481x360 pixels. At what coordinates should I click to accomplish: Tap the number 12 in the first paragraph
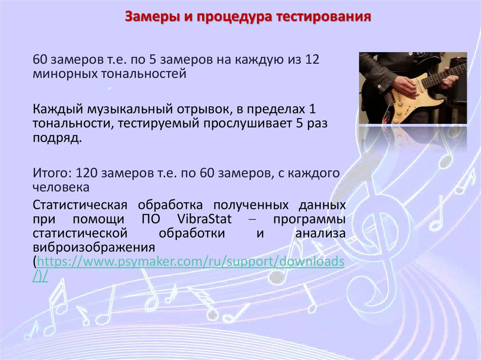pos(312,61)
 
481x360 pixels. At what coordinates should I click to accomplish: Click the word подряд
pos(56,139)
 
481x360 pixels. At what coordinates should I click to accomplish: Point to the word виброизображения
pos(94,247)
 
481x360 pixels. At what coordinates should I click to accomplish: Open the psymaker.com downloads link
pos(190,261)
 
